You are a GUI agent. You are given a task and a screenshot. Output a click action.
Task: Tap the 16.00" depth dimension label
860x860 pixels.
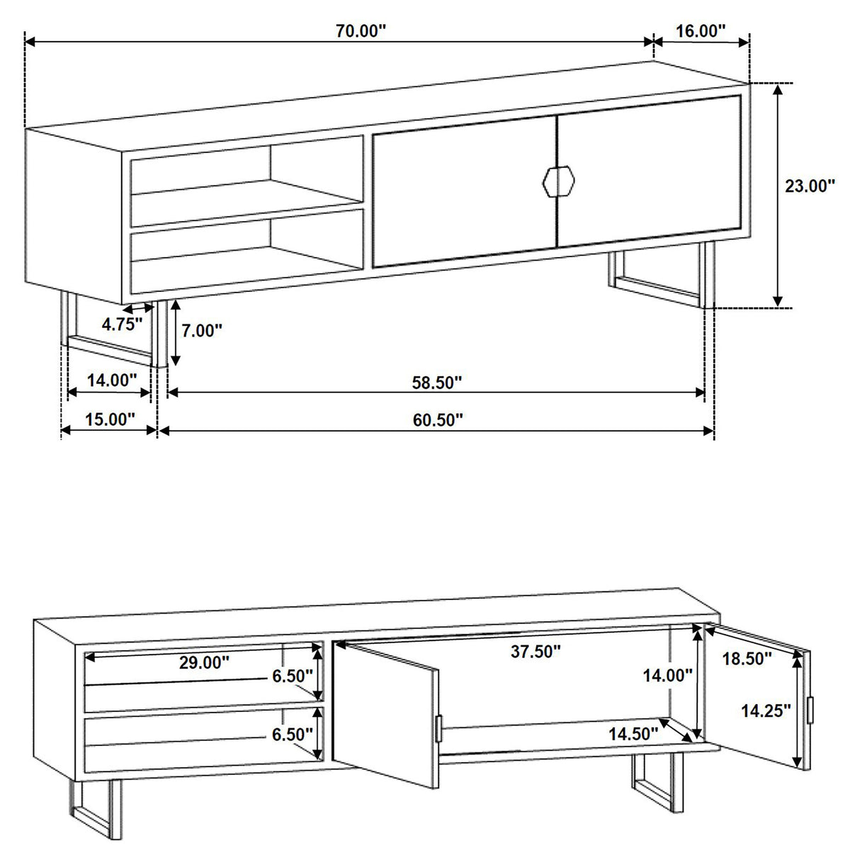click(701, 30)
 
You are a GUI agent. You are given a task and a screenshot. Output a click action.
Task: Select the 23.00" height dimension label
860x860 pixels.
click(810, 186)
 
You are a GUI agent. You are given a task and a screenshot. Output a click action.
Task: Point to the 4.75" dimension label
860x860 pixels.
click(123, 324)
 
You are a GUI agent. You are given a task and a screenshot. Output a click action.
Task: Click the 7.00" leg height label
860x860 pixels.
click(202, 331)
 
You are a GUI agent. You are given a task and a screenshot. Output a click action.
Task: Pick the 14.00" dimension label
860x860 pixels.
click(112, 380)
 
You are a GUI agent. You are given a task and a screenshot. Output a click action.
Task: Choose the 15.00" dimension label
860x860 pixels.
click(110, 419)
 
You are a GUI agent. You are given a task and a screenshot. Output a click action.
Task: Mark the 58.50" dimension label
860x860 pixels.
click(437, 383)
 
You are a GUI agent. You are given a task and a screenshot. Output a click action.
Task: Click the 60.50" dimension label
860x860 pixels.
click(438, 419)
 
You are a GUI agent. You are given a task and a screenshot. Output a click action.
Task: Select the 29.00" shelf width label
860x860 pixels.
click(204, 662)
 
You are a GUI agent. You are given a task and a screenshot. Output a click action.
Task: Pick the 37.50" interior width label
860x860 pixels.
click(536, 652)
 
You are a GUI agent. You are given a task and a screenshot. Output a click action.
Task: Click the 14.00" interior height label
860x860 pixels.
click(667, 676)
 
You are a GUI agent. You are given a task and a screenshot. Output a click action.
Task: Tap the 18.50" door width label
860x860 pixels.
click(747, 659)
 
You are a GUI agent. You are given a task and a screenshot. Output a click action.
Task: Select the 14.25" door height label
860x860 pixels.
click(766, 711)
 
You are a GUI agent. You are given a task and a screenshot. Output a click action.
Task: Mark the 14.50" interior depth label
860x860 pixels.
click(633, 734)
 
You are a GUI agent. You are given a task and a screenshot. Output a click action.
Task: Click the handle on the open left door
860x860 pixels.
click(439, 728)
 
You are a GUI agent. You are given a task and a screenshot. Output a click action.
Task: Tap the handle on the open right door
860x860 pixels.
click(812, 708)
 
